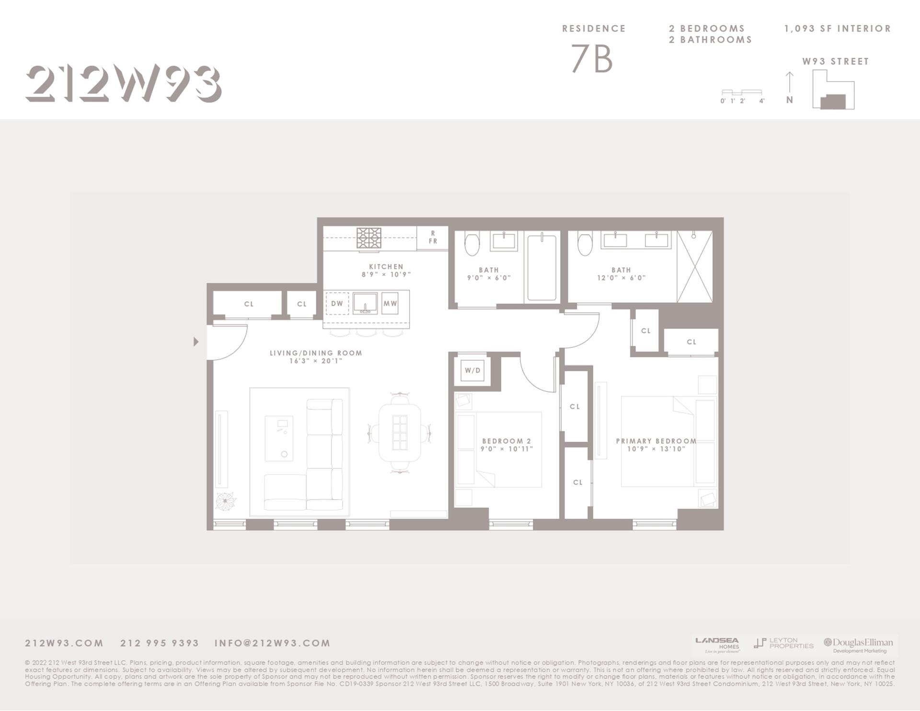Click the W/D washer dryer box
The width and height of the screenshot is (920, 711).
pos(472,370)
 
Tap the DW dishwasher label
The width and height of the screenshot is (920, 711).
pos(337,304)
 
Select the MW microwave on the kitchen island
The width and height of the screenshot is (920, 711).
pos(390,304)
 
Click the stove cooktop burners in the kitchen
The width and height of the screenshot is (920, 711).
pos(369,238)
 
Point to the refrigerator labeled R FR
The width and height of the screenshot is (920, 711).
pos(433,238)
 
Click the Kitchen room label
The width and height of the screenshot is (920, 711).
pos(386,267)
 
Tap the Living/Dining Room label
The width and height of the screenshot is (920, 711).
pos(316,353)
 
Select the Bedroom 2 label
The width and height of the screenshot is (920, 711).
pos(506,441)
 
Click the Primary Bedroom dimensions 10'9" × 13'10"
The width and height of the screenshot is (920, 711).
pos(656,449)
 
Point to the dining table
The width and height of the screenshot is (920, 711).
pos(400,433)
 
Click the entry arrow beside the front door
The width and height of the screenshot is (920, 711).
pos(195,342)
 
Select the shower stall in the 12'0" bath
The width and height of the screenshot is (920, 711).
pos(695,267)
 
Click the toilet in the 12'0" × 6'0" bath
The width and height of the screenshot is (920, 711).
pos(585,243)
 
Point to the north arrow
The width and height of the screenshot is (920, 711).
pos(790,82)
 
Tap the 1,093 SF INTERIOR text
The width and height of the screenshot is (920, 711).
pos(837,29)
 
